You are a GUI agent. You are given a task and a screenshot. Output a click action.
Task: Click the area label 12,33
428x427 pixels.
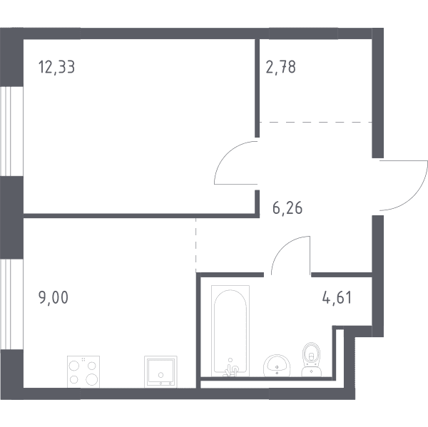56,67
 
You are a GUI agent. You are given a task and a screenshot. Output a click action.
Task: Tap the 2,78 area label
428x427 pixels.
280,67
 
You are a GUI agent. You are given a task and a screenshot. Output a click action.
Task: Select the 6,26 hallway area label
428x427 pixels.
287,208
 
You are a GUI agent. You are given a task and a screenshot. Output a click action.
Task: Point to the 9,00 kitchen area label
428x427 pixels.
53,297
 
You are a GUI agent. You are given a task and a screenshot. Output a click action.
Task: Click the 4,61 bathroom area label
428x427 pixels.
337,297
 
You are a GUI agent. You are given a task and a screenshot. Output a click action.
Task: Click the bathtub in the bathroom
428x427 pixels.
230,331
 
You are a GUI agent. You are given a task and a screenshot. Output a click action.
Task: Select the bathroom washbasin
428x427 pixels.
277,366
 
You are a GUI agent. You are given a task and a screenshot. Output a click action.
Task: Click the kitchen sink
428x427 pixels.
160,371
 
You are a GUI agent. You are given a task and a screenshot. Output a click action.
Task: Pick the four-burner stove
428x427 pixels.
83,371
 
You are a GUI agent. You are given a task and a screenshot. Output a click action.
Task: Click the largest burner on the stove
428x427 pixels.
92,379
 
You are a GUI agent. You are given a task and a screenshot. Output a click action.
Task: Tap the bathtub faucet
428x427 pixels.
231,369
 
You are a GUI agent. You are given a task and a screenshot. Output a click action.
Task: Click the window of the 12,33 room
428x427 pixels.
11,131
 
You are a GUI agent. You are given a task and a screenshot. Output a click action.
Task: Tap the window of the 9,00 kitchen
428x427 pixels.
11,304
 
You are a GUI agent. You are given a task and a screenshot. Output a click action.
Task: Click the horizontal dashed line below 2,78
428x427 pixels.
315,122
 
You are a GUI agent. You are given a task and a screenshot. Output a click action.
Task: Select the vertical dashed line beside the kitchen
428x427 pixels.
195,245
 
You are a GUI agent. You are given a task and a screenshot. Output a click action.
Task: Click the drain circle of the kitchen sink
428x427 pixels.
160,375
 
